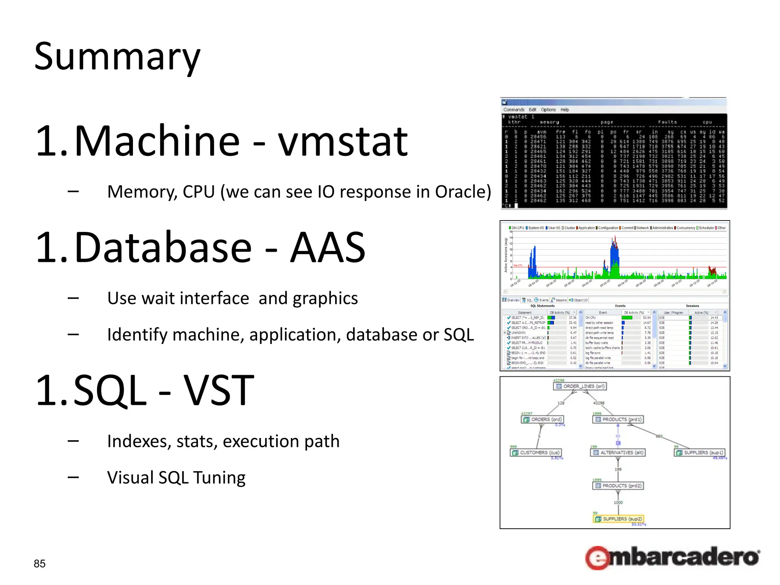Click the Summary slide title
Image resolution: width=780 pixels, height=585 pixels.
pos(117,57)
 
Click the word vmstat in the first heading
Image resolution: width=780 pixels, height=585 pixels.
pos(343,142)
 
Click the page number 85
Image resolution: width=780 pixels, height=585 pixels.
pos(40,564)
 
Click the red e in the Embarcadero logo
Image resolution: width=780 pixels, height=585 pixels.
pos(598,558)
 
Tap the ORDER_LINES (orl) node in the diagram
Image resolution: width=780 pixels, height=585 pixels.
pos(580,386)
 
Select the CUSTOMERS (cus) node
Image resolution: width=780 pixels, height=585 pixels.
pos(536,452)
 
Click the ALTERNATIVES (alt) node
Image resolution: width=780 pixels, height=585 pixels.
pos(617,452)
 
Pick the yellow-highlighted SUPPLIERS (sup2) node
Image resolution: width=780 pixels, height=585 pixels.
pos(619,519)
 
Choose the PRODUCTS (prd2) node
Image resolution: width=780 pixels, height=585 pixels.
pos(618,486)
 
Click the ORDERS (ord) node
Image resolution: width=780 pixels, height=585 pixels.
pos(542,419)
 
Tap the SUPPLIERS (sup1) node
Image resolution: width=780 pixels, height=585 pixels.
pos(700,452)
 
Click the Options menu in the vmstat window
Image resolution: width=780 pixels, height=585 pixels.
pos(548,110)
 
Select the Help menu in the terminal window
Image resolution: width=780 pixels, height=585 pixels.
pos(564,110)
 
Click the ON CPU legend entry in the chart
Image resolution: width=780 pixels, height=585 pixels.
pos(517,228)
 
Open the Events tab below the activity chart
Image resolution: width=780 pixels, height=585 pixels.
pos(542,300)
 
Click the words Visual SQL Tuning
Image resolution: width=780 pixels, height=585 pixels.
pos(176,478)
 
